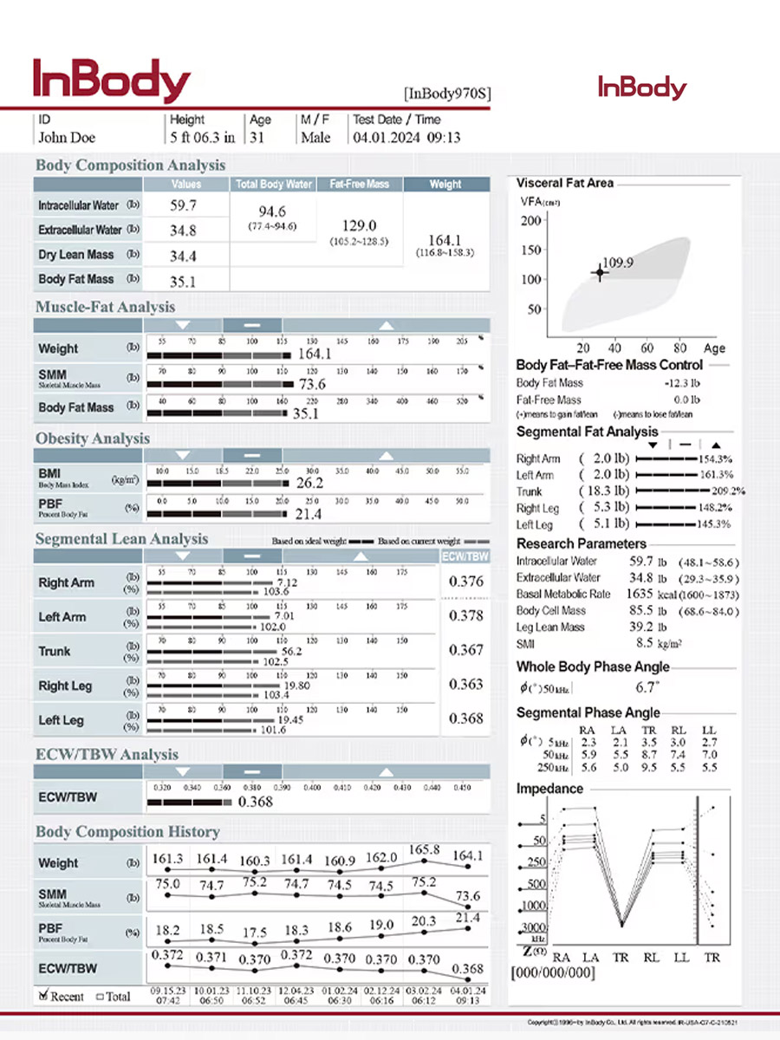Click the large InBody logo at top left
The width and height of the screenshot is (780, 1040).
(x=111, y=81)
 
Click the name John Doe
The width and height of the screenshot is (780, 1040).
(x=67, y=137)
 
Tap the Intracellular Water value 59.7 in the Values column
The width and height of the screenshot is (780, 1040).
(x=183, y=205)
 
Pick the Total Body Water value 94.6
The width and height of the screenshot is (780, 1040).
(x=272, y=211)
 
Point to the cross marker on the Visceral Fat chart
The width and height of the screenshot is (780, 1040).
(x=599, y=272)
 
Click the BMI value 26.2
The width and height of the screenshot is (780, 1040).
(x=309, y=483)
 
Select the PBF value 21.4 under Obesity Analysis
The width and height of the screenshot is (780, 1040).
(x=309, y=514)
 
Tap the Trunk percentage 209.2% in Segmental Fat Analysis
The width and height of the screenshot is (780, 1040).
(x=728, y=491)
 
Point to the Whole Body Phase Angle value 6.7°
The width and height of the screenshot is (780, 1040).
(x=647, y=687)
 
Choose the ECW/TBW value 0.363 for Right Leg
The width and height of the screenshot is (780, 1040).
(x=466, y=685)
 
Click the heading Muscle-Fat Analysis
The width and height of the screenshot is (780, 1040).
(x=105, y=307)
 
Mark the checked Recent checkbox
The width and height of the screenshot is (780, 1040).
(x=43, y=996)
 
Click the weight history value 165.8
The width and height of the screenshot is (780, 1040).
(x=424, y=850)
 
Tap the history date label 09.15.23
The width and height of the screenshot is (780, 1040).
(x=167, y=991)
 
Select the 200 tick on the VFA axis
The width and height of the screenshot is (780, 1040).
(x=530, y=220)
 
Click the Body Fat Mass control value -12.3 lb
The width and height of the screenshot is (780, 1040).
(x=682, y=383)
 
